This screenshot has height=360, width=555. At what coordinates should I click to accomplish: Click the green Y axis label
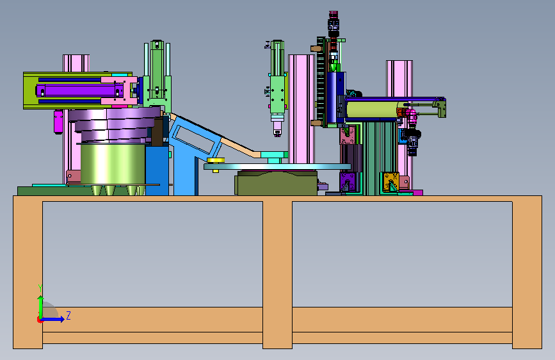point(40,288)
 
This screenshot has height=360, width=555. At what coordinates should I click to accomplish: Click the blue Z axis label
point(68,315)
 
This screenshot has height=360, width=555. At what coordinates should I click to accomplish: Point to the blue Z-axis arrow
point(53,319)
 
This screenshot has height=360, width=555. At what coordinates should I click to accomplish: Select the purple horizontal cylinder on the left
point(76,90)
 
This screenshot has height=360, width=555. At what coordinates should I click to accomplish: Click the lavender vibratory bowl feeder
point(114,124)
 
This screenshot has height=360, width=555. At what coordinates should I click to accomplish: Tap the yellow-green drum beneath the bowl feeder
point(113,164)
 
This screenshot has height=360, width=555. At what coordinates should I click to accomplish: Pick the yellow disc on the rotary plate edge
point(216,161)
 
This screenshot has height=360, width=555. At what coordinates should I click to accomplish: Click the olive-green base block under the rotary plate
point(276,183)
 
